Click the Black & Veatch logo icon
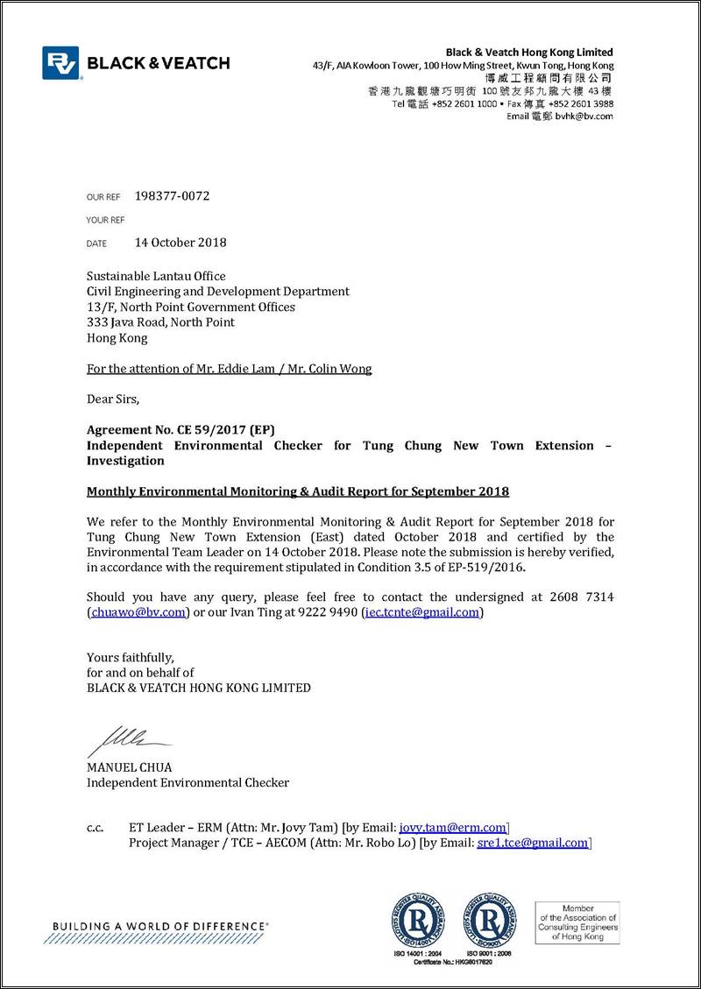[60, 63]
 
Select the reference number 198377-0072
[172, 196]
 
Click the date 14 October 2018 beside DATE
[180, 243]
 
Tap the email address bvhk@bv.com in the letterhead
[590, 117]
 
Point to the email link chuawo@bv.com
[138, 613]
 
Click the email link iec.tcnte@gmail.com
[421, 613]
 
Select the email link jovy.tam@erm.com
[452, 828]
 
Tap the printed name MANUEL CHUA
[129, 767]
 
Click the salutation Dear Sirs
[113, 399]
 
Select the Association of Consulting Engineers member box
[577, 923]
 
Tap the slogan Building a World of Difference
[160, 926]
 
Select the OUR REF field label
[103, 197]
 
